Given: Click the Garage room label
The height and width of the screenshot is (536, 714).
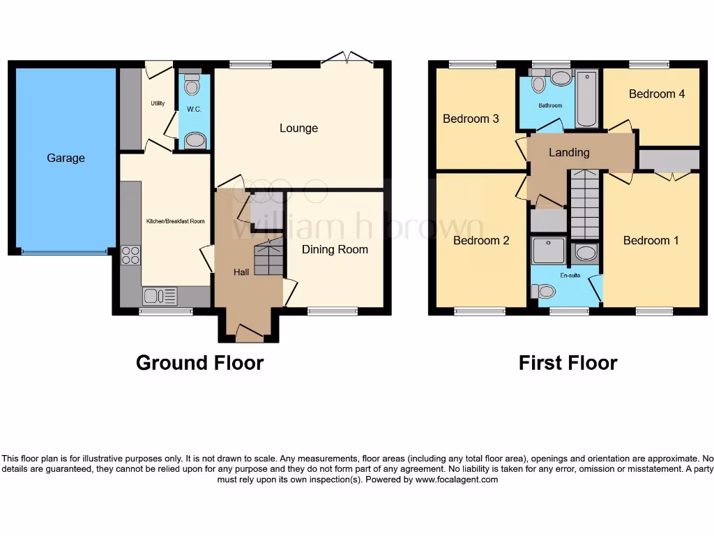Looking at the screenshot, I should (66, 158).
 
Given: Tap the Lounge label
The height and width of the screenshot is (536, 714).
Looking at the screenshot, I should (298, 128).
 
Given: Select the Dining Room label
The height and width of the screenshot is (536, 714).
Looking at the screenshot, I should (335, 249).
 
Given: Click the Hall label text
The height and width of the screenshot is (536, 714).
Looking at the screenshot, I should (241, 272).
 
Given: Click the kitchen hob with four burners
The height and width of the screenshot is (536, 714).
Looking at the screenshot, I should (130, 255).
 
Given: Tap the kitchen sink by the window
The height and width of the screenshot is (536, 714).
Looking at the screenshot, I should (160, 297).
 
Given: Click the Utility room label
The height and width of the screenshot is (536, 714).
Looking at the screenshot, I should (158, 104).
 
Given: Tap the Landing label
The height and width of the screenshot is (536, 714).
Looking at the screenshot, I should (569, 153).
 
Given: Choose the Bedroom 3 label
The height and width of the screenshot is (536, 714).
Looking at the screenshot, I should (471, 119).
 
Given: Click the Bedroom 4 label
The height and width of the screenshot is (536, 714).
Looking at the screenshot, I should (657, 94).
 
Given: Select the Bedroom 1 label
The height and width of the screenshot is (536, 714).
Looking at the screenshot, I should (651, 241).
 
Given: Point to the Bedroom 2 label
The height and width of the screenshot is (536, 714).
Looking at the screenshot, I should (481, 241).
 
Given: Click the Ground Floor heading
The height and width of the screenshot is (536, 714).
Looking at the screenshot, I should (199, 363).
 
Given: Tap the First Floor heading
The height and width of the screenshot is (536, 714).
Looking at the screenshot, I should (568, 363).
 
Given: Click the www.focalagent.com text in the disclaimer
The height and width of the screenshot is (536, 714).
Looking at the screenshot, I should (457, 479).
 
